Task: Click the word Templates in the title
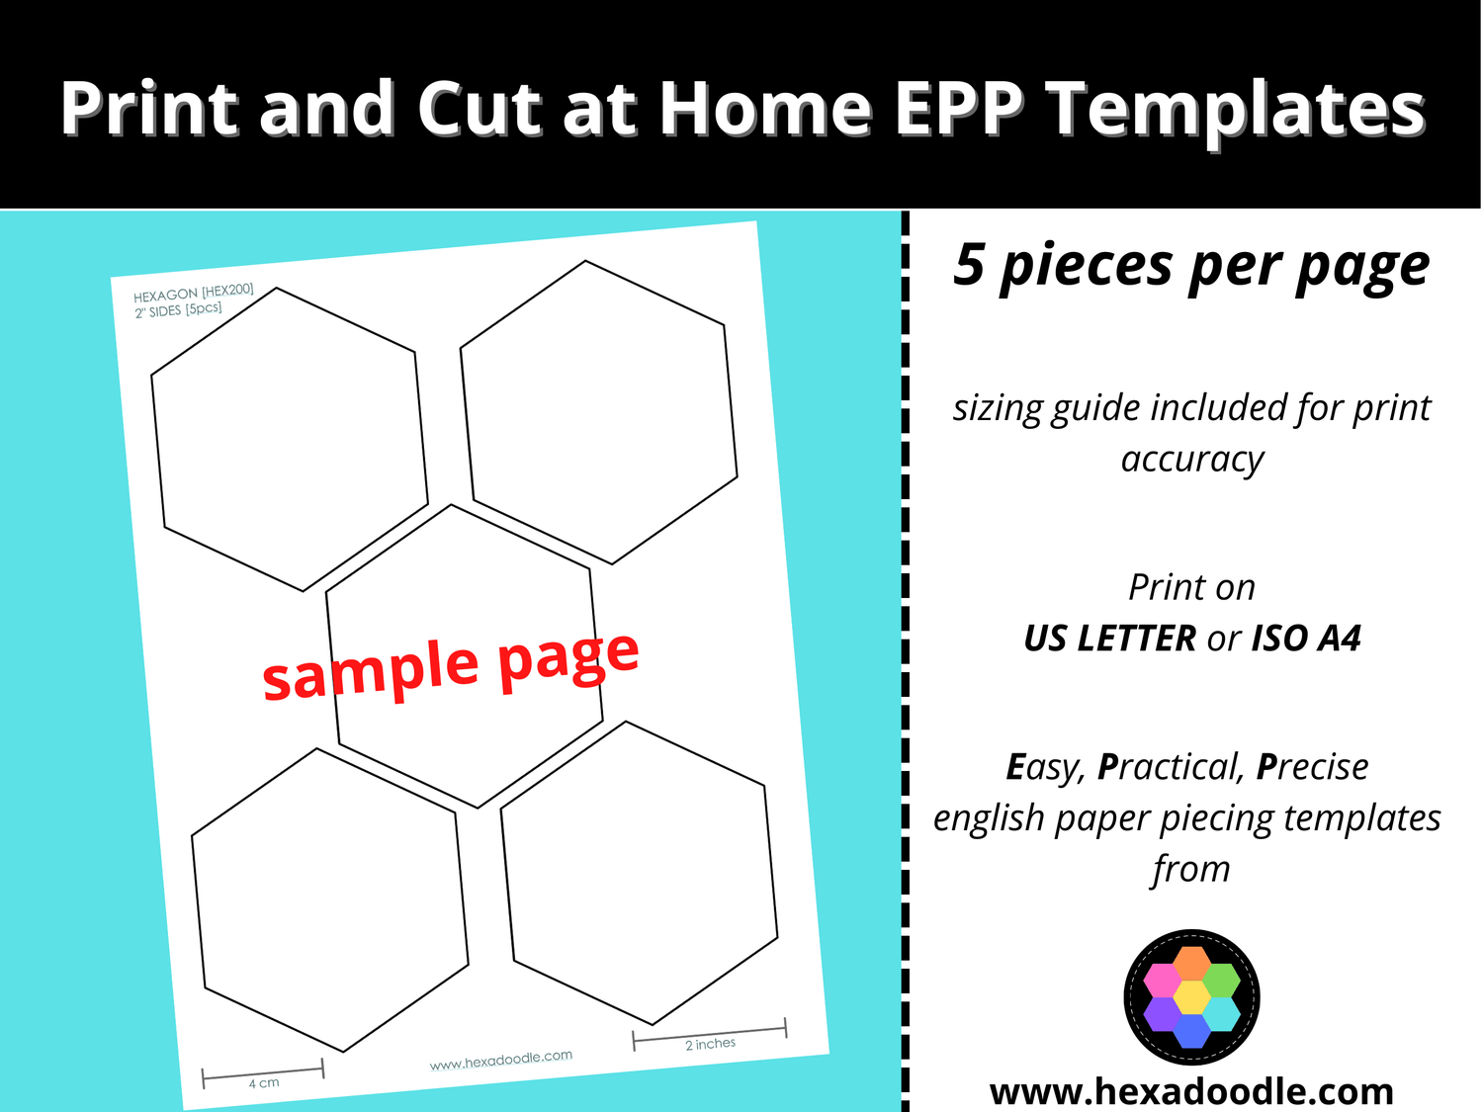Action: click(x=1236, y=109)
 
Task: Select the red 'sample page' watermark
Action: click(x=451, y=665)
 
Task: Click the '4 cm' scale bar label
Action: click(x=264, y=1083)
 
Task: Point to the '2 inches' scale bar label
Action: click(x=710, y=1044)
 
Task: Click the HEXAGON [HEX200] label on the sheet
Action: click(x=194, y=294)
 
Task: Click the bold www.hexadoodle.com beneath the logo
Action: click(x=1191, y=1091)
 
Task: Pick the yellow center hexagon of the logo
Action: click(x=1192, y=996)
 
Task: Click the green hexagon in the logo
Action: click(x=1222, y=980)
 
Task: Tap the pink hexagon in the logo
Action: click(x=1162, y=980)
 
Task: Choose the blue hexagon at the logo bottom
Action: click(x=1192, y=1031)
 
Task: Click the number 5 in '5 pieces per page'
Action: click(x=969, y=265)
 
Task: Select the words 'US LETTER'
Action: click(x=1109, y=639)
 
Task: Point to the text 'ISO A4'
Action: click(x=1306, y=639)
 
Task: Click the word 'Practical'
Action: click(x=1169, y=767)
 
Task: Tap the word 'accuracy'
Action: click(x=1192, y=460)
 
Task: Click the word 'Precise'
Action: click(x=1312, y=767)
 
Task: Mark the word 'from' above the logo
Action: click(x=1191, y=870)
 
